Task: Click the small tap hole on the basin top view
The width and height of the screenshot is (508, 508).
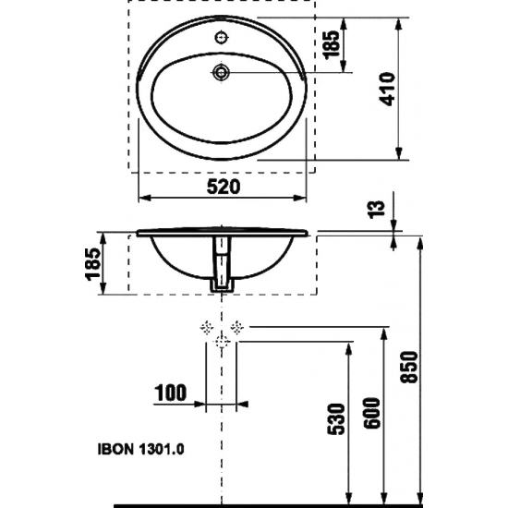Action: coord(223,38)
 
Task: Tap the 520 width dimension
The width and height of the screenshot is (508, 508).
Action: coord(223,187)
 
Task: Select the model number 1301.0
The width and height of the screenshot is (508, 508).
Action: coord(163,452)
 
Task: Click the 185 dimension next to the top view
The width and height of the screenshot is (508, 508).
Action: coord(333,42)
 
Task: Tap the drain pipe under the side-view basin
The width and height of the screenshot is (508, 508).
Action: coord(222,268)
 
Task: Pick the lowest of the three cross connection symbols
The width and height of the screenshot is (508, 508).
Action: coord(222,342)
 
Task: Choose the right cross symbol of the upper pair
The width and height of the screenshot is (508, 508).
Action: coord(238,326)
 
